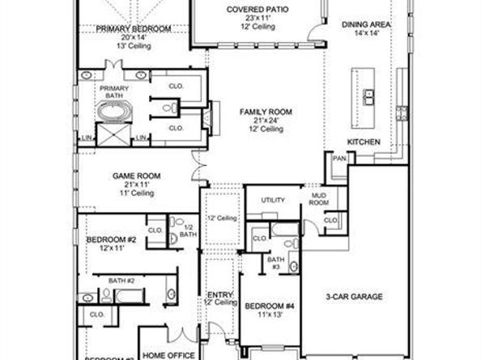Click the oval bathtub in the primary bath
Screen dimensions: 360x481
pyautogui.click(x=109, y=112)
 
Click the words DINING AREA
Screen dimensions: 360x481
pyautogui.click(x=366, y=25)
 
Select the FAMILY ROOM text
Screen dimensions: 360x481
pyautogui.click(x=266, y=111)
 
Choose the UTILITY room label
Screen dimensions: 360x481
pyautogui.click(x=270, y=200)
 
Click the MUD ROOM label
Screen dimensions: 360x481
pyautogui.click(x=317, y=200)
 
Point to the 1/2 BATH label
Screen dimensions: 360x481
pyautogui.click(x=188, y=230)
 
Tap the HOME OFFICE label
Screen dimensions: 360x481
pyautogui.click(x=168, y=354)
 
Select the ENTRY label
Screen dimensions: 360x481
pyautogui.click(x=220, y=294)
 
